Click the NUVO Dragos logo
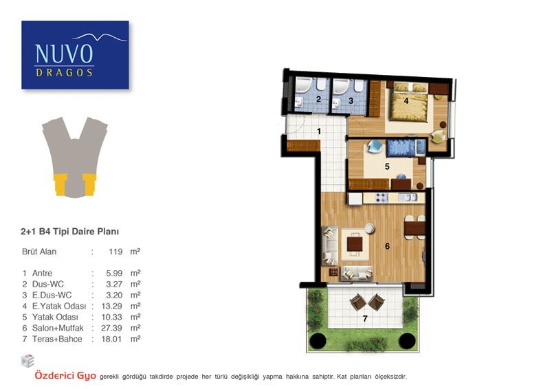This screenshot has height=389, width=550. (x=75, y=55)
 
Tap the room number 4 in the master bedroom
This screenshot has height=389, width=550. (x=406, y=101)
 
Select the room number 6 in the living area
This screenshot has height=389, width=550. (x=387, y=246)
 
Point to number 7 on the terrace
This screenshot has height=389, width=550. (x=365, y=318)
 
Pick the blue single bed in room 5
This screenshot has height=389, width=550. (x=406, y=148)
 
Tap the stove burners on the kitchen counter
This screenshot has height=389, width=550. (x=382, y=198)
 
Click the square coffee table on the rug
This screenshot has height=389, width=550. (x=355, y=244)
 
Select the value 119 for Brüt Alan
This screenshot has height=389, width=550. (x=115, y=252)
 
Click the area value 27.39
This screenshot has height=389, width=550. (x=111, y=328)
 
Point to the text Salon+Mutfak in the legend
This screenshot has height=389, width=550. (x=58, y=328)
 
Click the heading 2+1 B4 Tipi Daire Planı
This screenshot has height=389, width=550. (x=70, y=232)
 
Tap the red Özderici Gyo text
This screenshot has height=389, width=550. (x=65, y=376)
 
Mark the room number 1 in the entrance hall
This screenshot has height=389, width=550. (x=319, y=131)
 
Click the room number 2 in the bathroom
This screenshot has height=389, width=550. (x=318, y=99)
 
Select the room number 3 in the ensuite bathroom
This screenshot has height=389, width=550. (x=351, y=101)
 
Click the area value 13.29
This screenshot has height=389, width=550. (x=111, y=307)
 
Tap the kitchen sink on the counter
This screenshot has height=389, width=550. (x=408, y=197)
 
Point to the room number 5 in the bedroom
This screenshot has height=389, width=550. (x=387, y=166)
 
